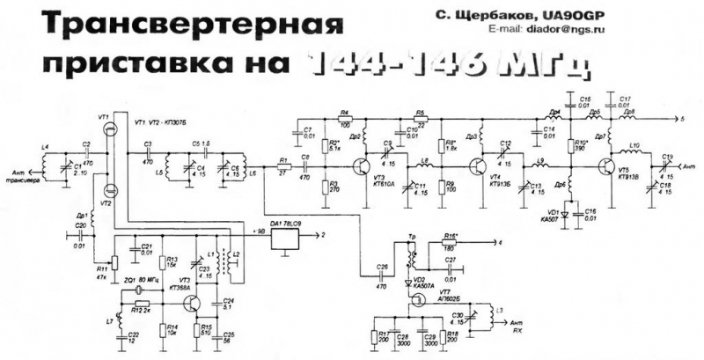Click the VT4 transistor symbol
point(479,165)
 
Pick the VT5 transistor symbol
point(607,165)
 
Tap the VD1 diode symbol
point(568,212)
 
